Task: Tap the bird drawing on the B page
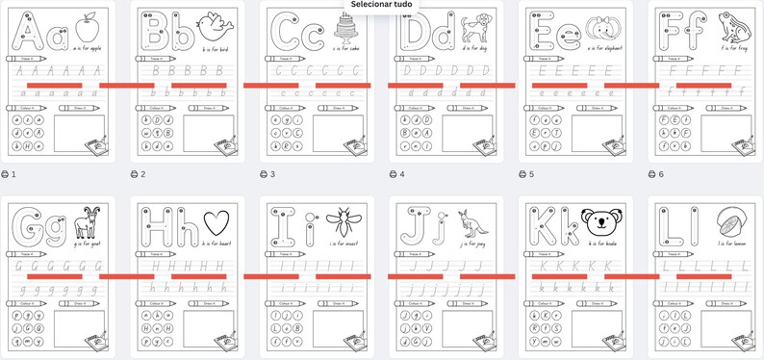(216, 26)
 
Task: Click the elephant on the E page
(604, 27)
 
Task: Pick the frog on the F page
(733, 25)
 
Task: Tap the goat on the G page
(86, 224)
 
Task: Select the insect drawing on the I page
(344, 226)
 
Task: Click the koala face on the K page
(602, 224)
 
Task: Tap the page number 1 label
(14, 174)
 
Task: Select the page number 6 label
(661, 174)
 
